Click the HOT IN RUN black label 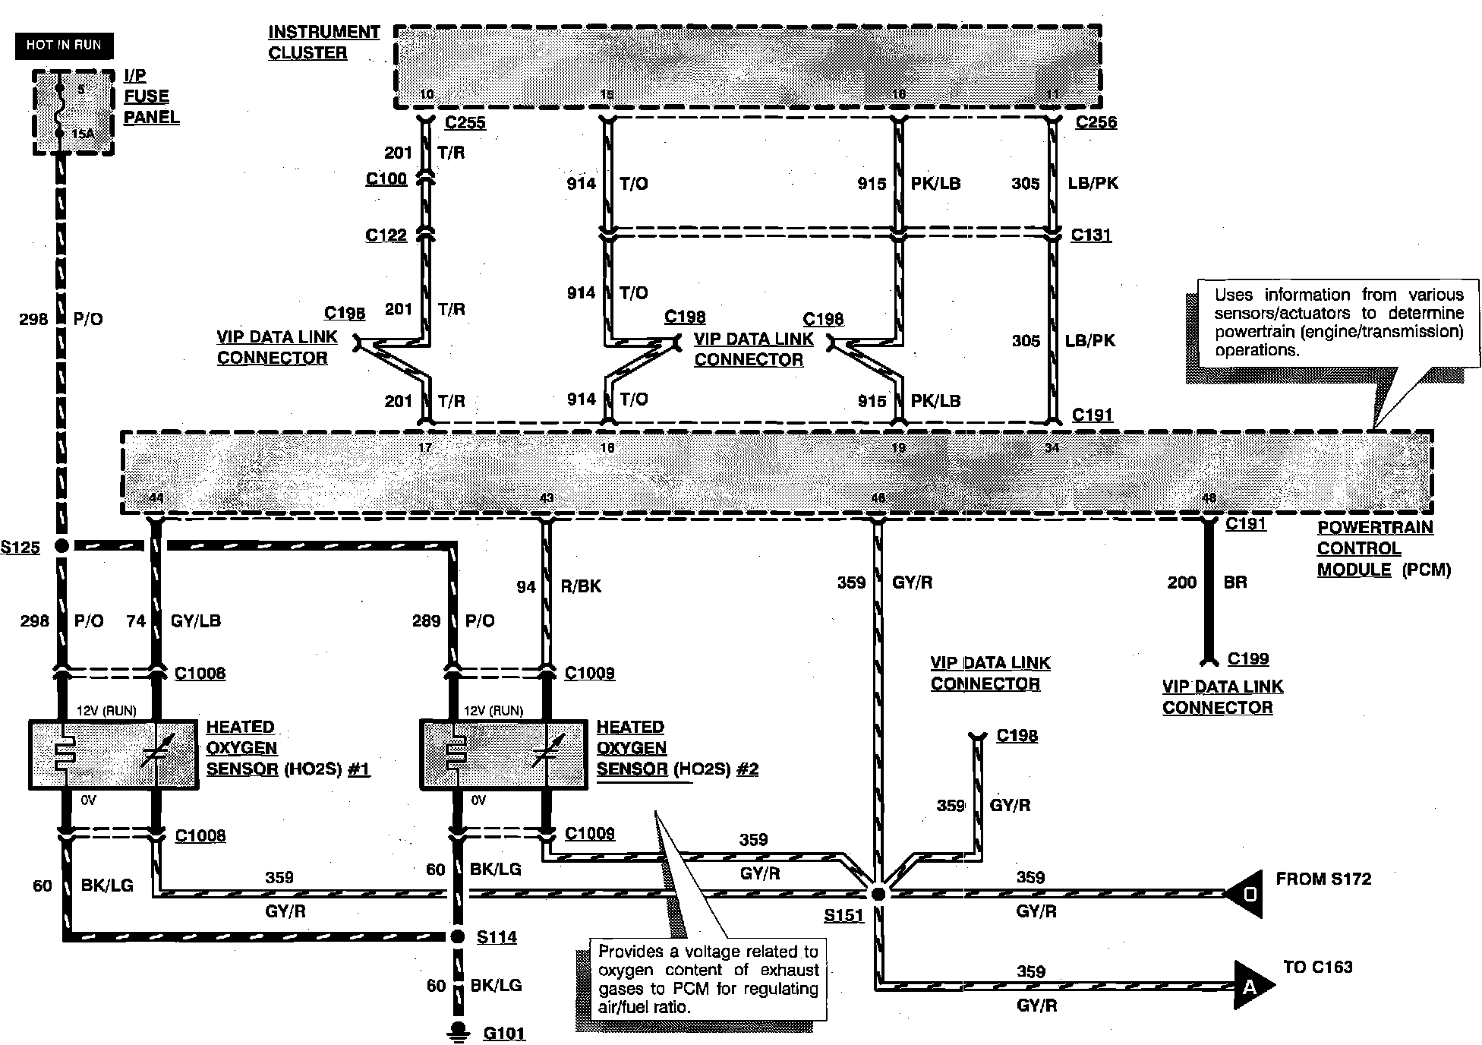64,46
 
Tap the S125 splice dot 62,546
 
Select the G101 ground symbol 458,1030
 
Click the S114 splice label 497,937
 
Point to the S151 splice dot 878,894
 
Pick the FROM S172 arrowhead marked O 1247,894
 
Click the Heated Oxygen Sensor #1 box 113,754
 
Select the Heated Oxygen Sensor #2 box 503,754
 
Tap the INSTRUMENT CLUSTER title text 323,43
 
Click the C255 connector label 465,122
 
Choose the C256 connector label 1096,122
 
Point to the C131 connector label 1091,235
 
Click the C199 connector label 1248,658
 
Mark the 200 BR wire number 1181,582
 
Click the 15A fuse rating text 83,134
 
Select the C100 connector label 386,178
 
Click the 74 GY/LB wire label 174,620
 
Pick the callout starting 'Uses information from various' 1339,323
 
